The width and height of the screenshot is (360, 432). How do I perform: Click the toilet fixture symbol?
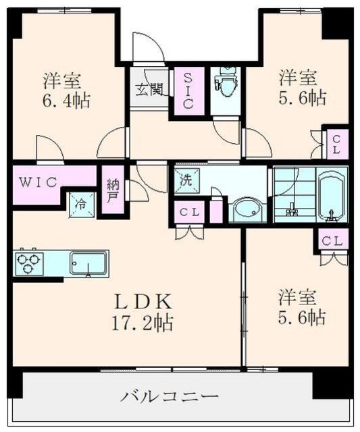(x=226, y=81)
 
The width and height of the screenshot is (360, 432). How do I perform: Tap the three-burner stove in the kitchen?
(x=29, y=263)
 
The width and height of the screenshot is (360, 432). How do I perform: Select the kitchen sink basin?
(x=88, y=263)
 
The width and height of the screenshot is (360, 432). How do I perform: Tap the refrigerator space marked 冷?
(x=82, y=205)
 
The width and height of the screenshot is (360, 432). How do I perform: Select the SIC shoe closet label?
(x=189, y=90)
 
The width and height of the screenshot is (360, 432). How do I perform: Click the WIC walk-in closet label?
(x=38, y=182)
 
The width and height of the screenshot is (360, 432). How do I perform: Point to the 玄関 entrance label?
(x=149, y=90)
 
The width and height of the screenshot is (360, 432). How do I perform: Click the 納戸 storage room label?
(x=112, y=190)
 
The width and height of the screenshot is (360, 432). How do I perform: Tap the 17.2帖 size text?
(x=143, y=323)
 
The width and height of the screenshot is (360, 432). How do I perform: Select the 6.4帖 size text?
(x=66, y=101)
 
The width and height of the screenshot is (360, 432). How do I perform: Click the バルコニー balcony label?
(x=170, y=397)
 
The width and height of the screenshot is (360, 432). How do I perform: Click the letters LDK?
(x=143, y=302)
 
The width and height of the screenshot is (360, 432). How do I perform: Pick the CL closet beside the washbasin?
(x=189, y=212)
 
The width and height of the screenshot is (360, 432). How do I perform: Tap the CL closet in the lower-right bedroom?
(x=332, y=242)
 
